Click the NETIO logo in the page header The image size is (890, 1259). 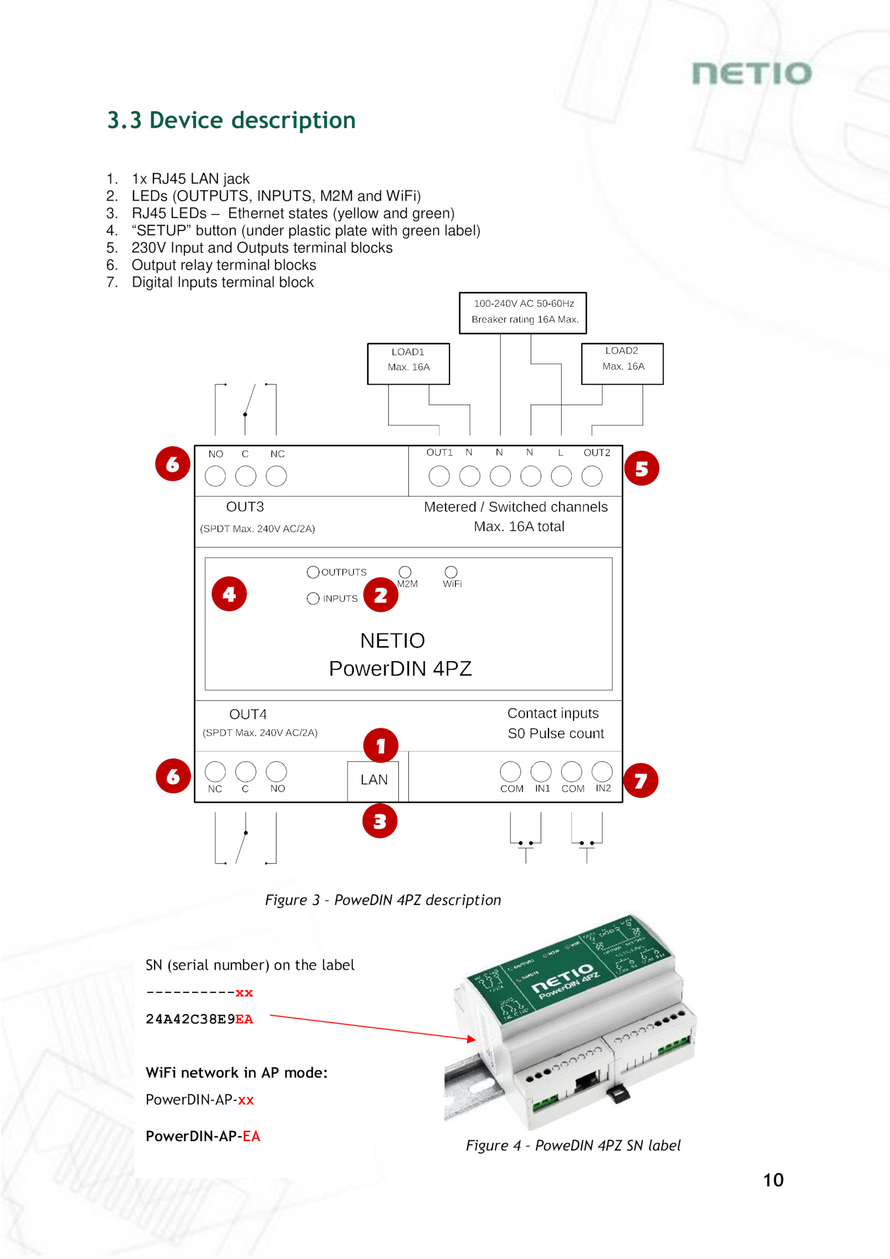[751, 73]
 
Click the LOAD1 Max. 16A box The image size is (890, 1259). [408, 363]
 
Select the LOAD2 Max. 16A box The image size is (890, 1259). [622, 363]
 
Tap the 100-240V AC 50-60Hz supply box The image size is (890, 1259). [522, 313]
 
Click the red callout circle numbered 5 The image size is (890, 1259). [641, 468]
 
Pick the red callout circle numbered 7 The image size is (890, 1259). [640, 780]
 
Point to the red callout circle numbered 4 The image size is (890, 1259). [229, 594]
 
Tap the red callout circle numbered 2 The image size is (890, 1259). [380, 595]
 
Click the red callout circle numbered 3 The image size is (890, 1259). [380, 821]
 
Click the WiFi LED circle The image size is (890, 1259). [451, 572]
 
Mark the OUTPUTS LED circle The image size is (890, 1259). [313, 572]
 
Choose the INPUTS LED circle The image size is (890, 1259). [313, 598]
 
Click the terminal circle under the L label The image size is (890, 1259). [561, 476]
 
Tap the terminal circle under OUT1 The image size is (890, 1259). [439, 476]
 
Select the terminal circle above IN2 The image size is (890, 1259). [602, 771]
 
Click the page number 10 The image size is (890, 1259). [773, 1180]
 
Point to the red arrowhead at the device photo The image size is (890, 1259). [472, 1039]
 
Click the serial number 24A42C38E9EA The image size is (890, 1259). [199, 1019]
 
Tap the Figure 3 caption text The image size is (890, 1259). [383, 900]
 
